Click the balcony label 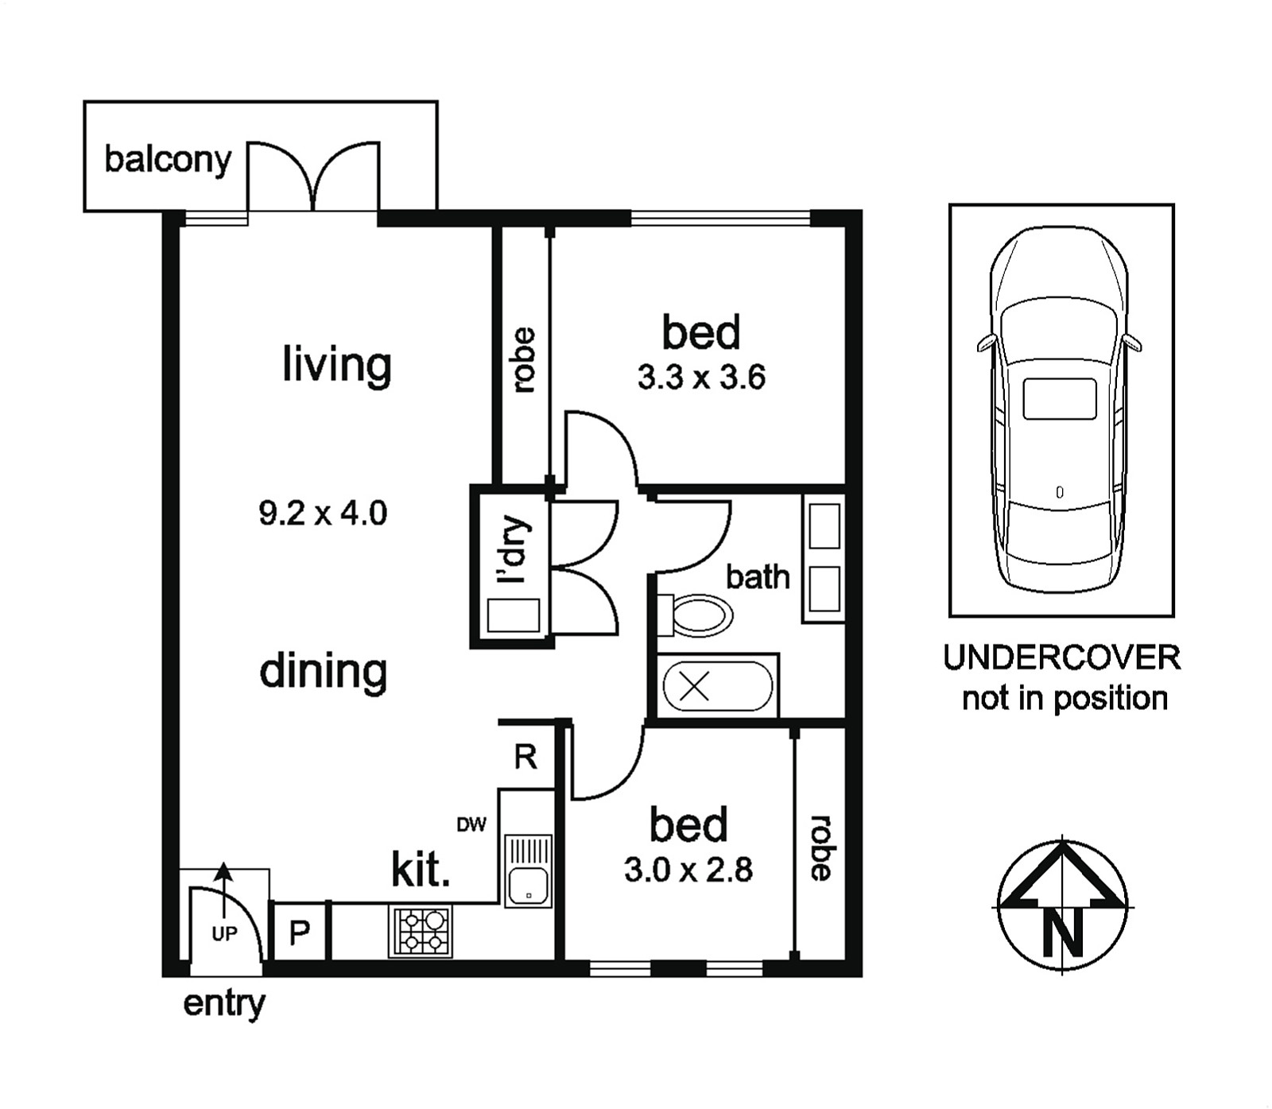click(x=168, y=160)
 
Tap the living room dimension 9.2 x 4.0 click(x=323, y=514)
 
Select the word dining click(x=324, y=673)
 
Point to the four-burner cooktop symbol click(x=421, y=931)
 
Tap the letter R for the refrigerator click(x=525, y=757)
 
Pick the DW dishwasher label click(x=471, y=825)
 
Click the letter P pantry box click(x=299, y=932)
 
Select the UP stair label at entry click(x=225, y=933)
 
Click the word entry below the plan click(x=224, y=1005)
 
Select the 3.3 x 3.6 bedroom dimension click(x=701, y=378)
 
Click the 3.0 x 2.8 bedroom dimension click(x=688, y=871)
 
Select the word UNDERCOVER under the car click(x=1062, y=658)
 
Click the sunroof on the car click(x=1060, y=399)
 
